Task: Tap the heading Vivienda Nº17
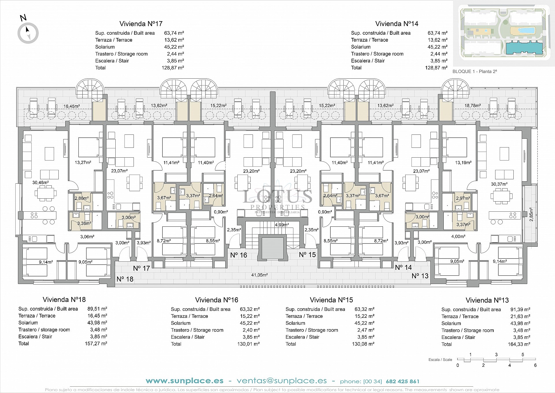pos(141,24)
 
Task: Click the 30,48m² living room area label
pos(40,182)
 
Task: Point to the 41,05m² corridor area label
pos(259,275)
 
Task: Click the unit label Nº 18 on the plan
pos(125,279)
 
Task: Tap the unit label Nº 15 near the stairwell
pos(307,255)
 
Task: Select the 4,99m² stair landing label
pos(282,225)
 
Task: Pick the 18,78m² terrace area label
pos(473,106)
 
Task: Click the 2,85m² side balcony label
pos(531,214)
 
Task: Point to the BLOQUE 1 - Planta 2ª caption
pos(474,71)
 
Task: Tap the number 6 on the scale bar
pos(535,365)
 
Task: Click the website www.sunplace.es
pos(184,381)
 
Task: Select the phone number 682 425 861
pos(402,381)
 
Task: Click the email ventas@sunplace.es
pos(282,381)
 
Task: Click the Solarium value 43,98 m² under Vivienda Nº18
pos(97,323)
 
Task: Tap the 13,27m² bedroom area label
pos(83,163)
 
